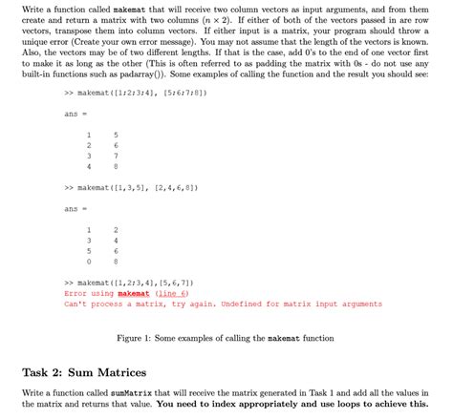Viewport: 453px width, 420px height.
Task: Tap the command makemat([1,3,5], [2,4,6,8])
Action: (134, 189)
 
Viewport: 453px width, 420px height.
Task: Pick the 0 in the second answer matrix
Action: (88, 260)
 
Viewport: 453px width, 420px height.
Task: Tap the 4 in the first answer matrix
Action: (88, 167)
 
